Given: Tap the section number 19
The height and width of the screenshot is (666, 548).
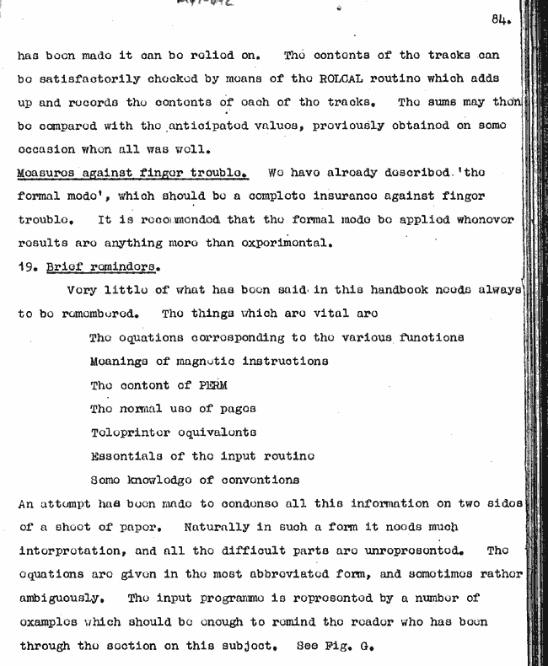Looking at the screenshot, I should click(28, 266).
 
